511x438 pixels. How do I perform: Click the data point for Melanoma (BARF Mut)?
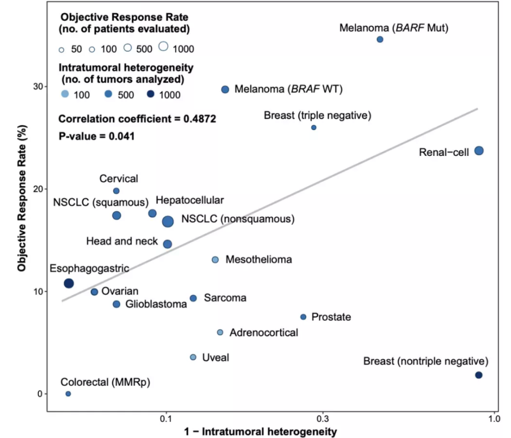379,39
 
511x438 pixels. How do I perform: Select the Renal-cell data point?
479,151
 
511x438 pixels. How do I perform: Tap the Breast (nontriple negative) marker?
479,375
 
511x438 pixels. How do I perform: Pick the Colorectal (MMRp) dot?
68,394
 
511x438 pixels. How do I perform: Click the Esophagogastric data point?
69,283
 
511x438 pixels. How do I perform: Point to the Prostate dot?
303,317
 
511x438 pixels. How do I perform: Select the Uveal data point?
193,357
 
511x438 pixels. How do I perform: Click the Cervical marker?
116,191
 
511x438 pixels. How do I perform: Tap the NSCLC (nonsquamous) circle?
168,221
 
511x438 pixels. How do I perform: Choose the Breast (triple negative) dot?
314,128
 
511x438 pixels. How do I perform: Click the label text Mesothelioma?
259,259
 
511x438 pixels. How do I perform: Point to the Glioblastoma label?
156,304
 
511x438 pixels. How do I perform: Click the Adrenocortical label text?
264,333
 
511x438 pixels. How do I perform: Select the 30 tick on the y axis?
38,86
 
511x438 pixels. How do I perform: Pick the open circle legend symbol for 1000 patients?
163,46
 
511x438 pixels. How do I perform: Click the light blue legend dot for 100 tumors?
65,94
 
